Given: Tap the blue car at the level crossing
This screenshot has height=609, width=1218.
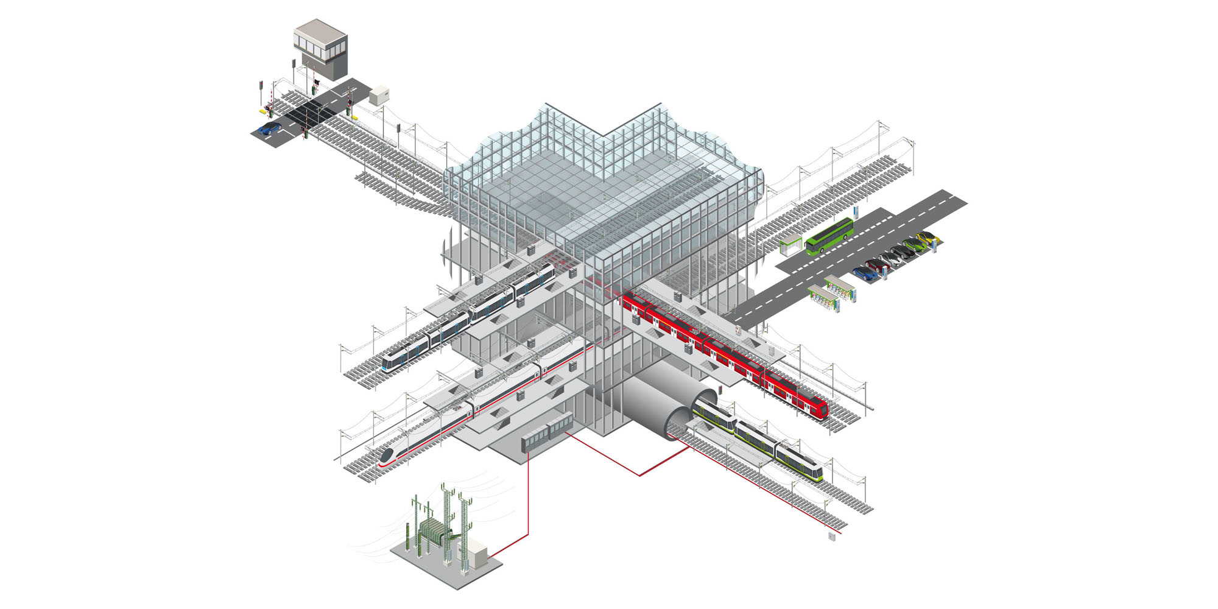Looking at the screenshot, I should pos(269,128).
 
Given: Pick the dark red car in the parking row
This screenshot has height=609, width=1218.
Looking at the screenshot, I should pos(878,265).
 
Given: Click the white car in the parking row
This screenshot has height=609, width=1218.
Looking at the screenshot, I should pos(890,259).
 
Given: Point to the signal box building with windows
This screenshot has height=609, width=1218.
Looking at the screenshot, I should pos(321,49).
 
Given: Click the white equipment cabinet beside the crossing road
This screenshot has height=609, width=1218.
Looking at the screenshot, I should pos(378,95).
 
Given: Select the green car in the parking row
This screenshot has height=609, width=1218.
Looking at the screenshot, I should pos(913,245).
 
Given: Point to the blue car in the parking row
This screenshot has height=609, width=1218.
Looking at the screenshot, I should pos(865,273).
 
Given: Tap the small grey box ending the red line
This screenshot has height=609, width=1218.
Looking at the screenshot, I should pos(832,537).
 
